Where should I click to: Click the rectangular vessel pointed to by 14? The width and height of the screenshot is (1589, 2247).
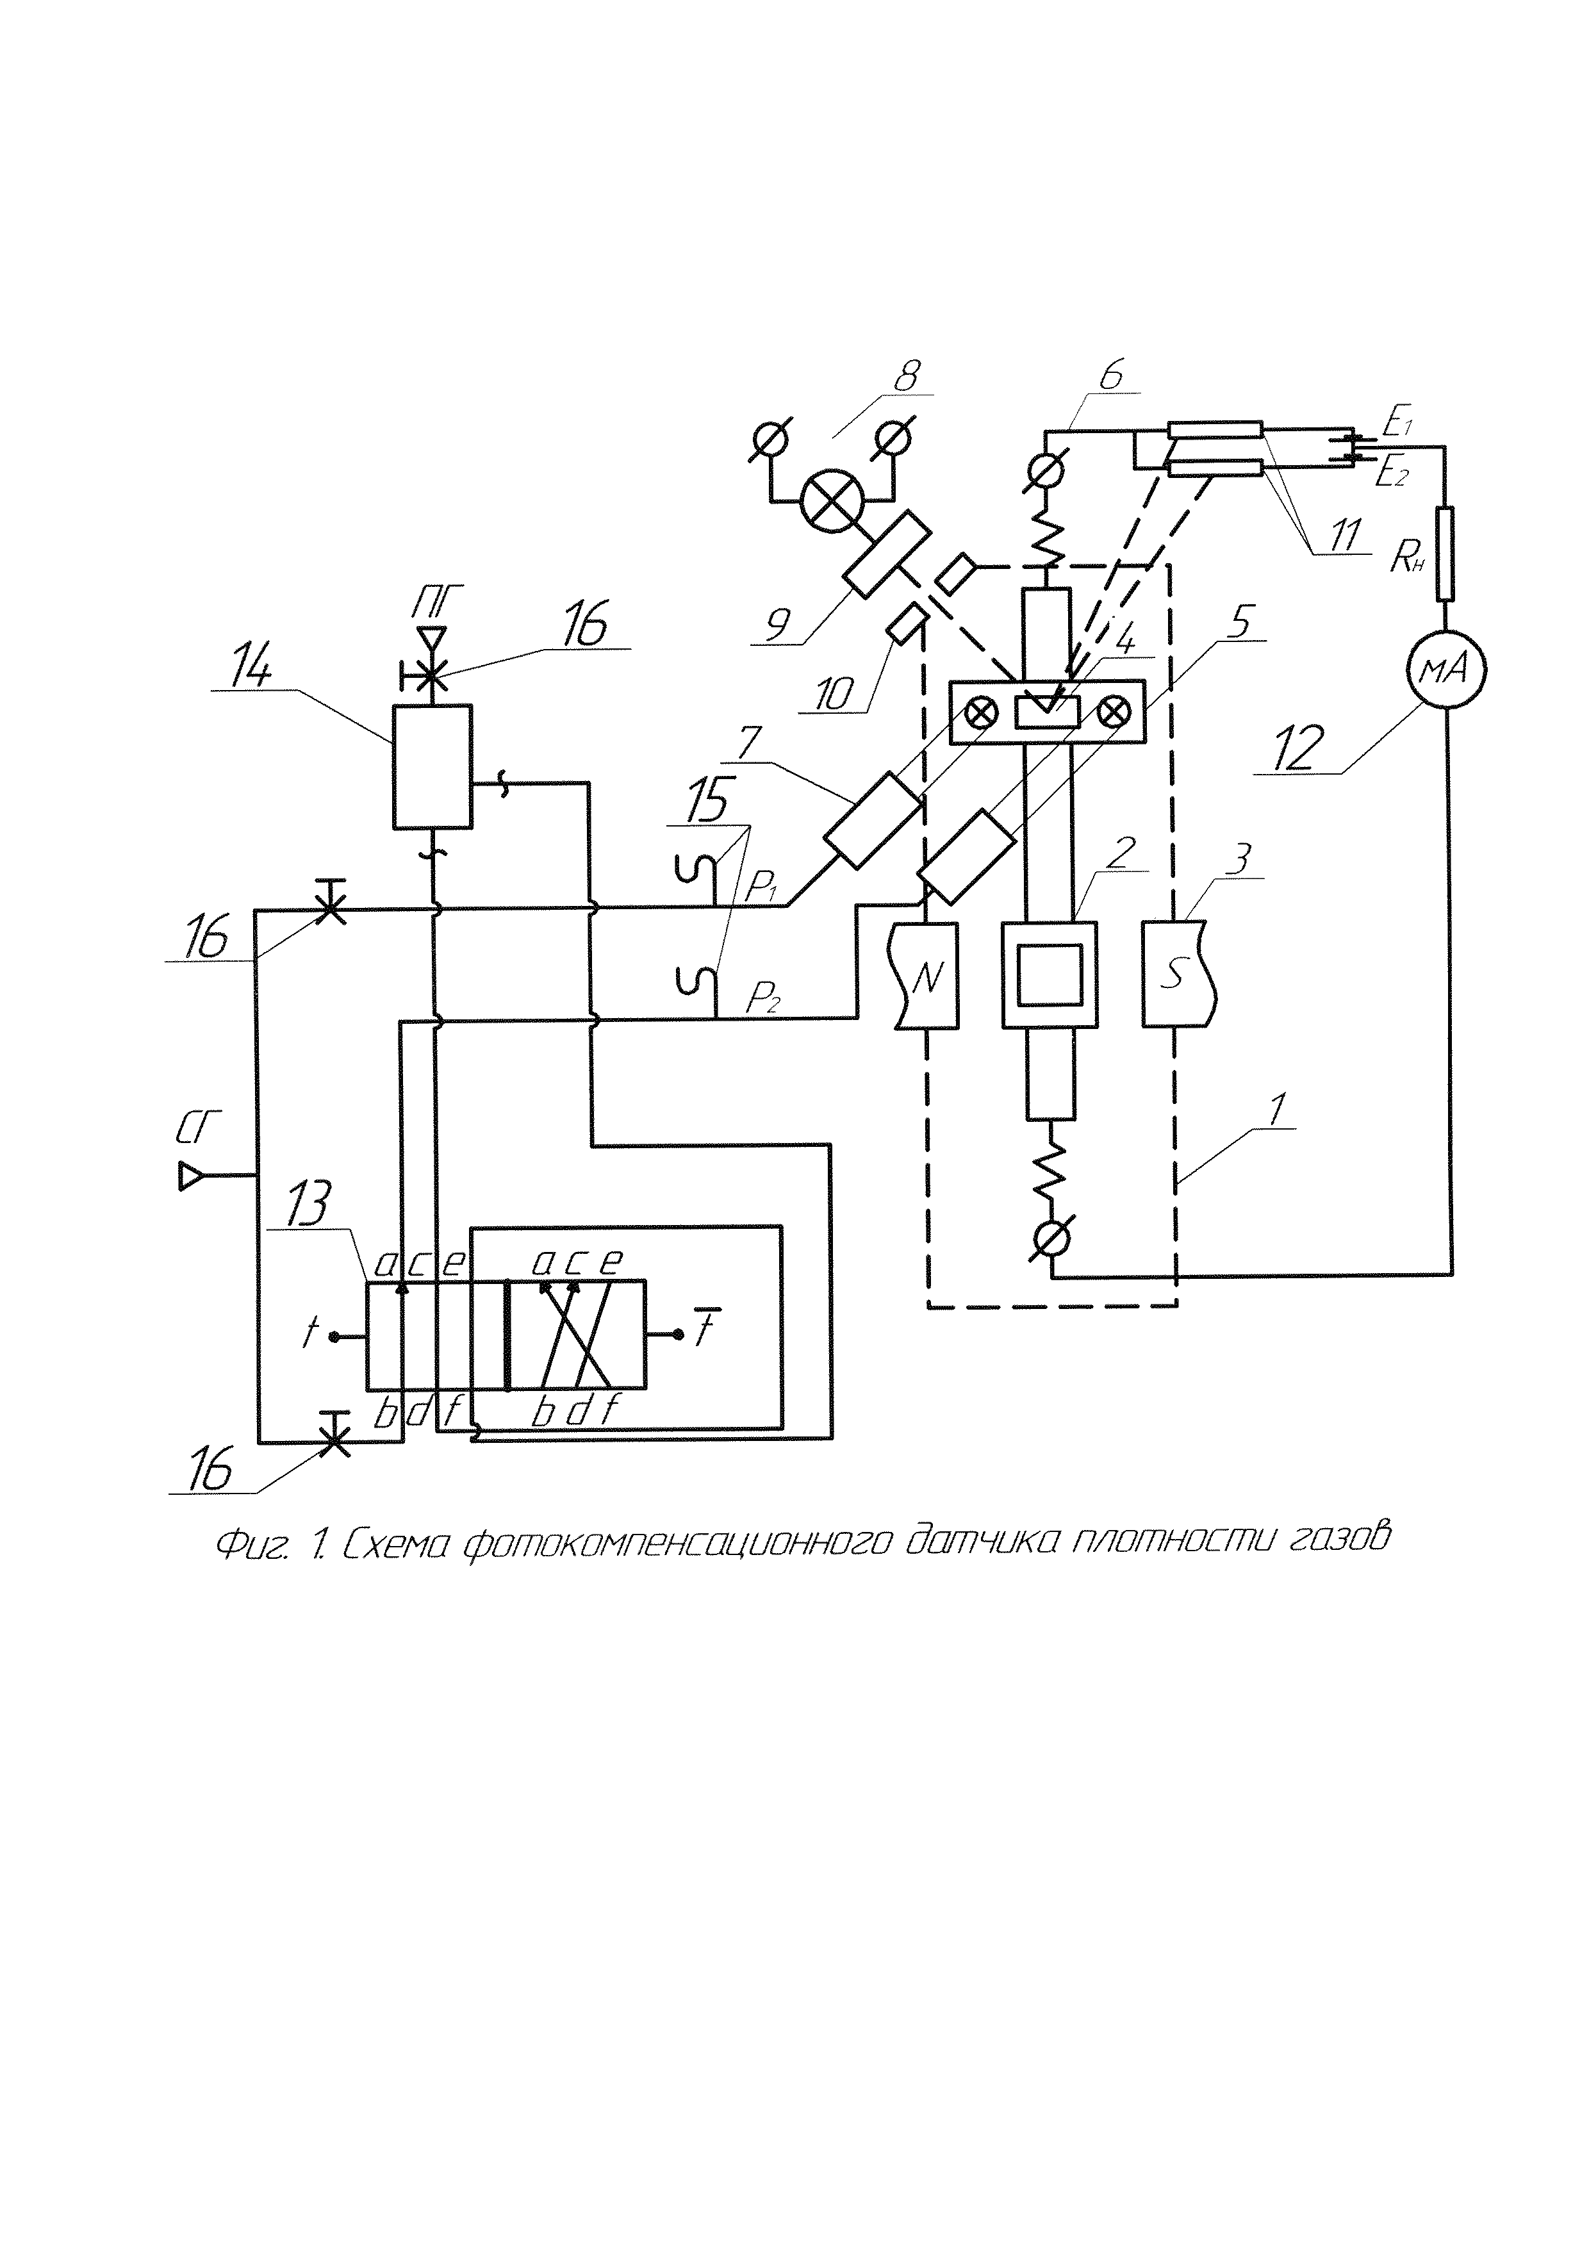431,766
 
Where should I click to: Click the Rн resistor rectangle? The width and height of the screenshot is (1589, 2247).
1445,553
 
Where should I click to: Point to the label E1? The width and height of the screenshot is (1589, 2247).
1396,424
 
